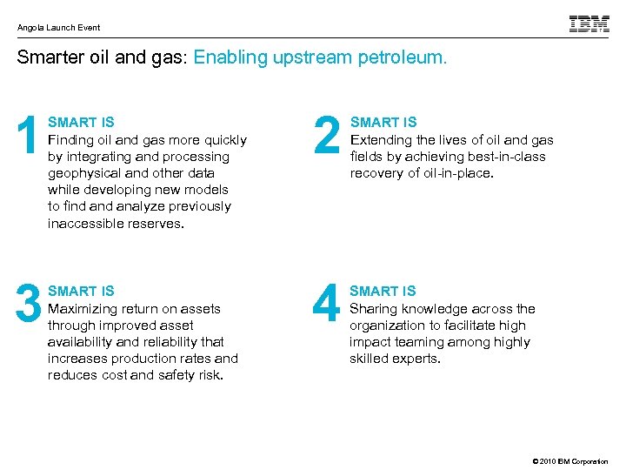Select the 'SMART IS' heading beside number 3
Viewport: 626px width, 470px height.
(81, 291)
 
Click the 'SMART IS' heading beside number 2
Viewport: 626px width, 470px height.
(383, 123)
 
